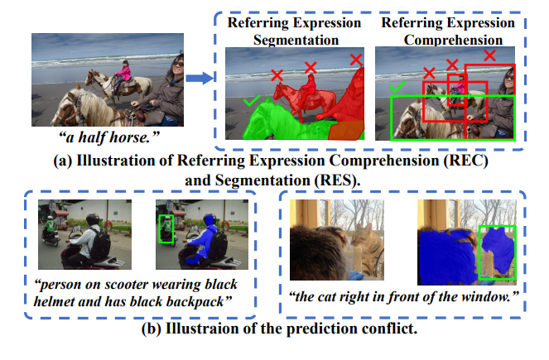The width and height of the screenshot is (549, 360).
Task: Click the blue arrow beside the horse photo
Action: [197, 79]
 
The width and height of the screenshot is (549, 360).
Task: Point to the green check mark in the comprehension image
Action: [397, 87]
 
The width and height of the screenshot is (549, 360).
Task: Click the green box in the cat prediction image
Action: [497, 252]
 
